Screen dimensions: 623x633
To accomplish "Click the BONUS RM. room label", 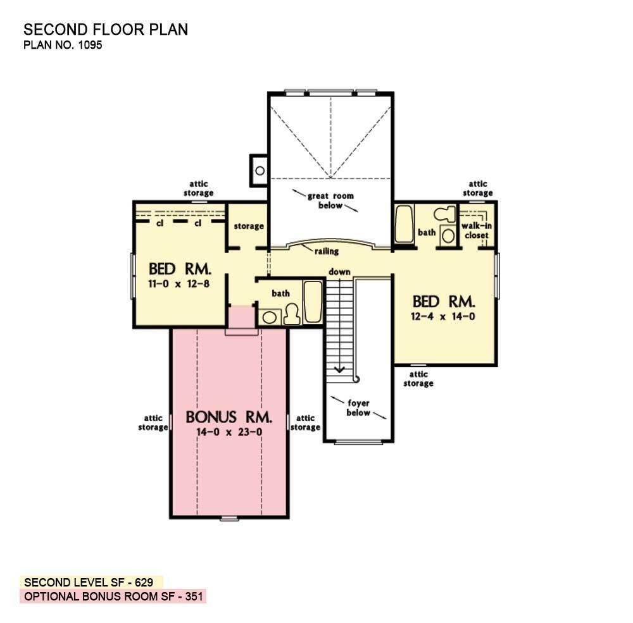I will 229,417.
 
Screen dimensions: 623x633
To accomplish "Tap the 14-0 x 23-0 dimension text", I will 229,433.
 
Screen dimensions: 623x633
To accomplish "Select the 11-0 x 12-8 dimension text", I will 179,283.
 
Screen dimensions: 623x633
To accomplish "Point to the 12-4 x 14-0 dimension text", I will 444,316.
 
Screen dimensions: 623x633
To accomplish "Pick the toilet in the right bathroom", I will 447,216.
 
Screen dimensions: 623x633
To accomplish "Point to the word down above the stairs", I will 339,271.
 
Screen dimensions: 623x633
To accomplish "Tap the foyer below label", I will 358,408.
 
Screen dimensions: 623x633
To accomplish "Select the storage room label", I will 248,226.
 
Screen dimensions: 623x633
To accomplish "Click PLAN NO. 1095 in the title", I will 63,45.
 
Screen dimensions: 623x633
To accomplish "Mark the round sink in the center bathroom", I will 270,318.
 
